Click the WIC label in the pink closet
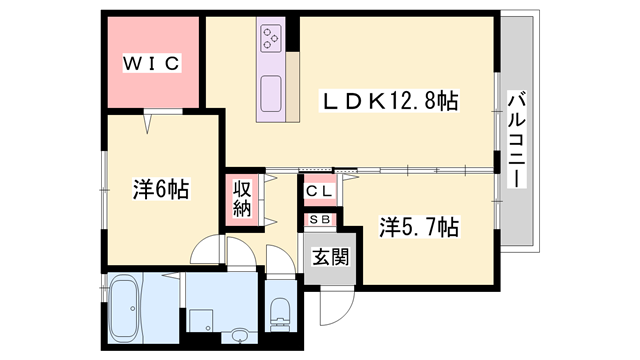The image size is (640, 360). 151,63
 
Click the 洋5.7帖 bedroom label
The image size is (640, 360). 419,227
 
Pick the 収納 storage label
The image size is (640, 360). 243,198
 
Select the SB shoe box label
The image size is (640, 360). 320,219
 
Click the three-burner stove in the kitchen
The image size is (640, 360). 272,39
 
